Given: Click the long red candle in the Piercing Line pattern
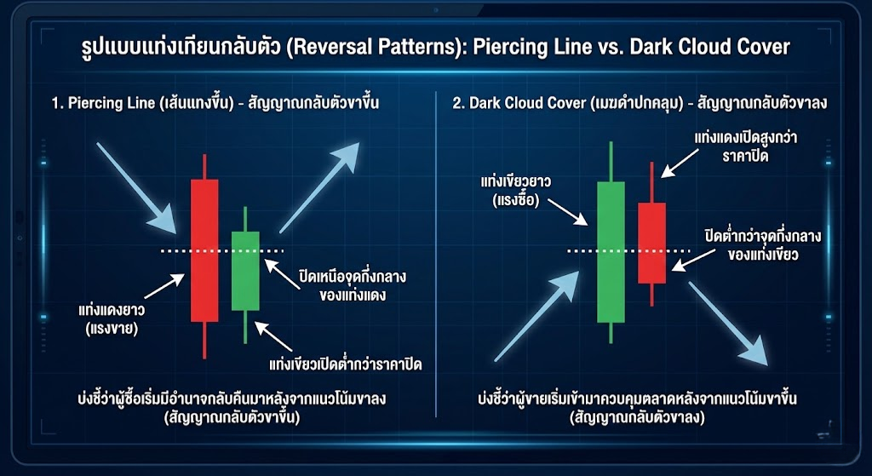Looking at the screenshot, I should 204,250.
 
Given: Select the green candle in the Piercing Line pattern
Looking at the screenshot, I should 245,271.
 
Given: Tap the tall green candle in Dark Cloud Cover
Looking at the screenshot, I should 611,252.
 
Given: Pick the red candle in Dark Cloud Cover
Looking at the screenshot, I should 651,243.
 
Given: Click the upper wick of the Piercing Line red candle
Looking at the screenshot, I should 204,167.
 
